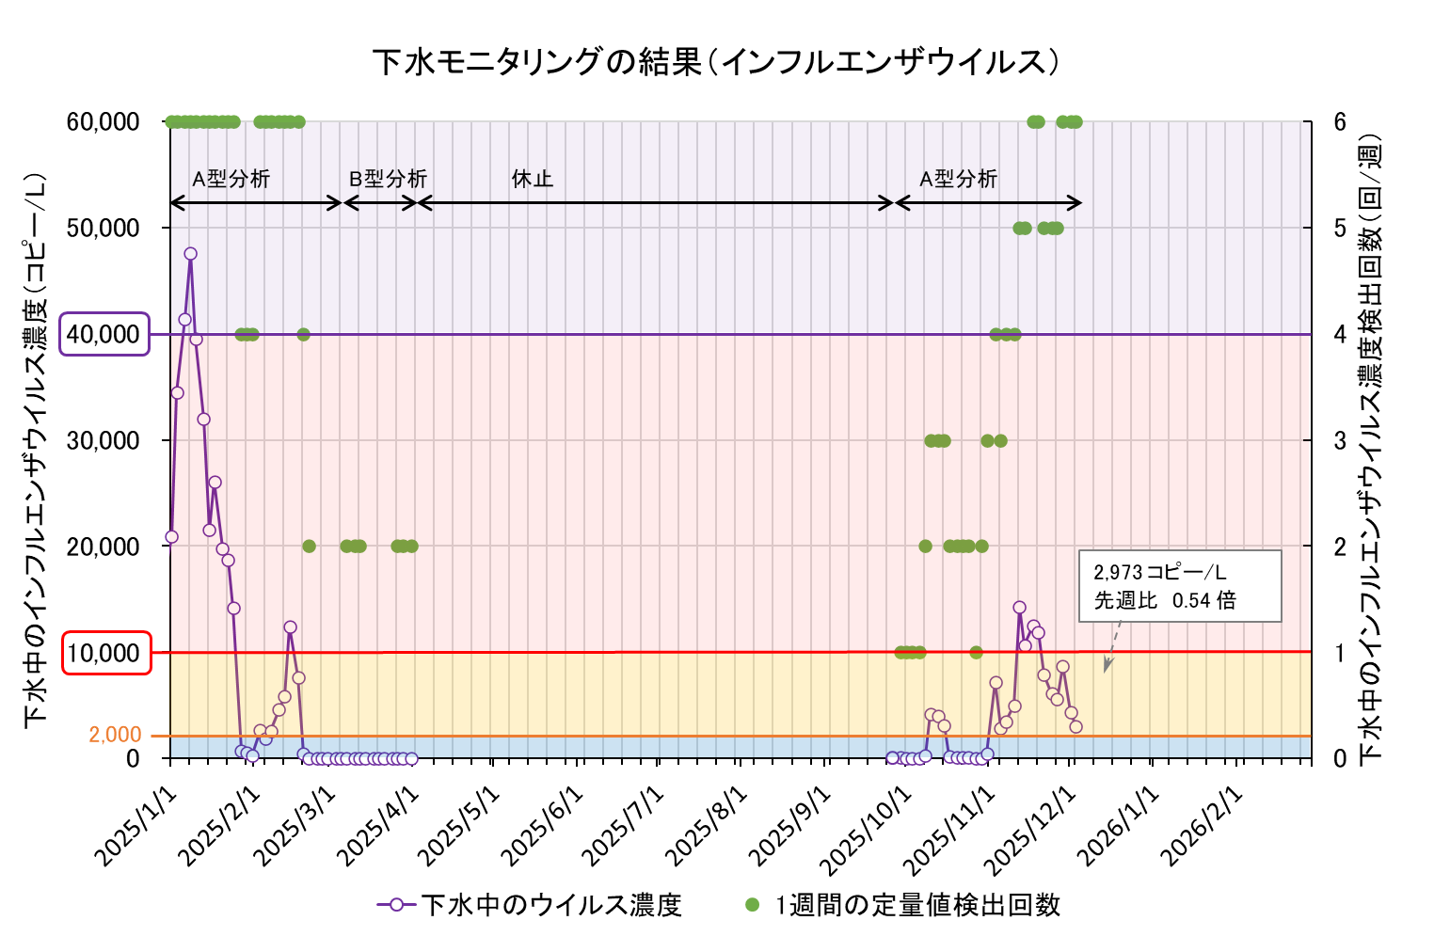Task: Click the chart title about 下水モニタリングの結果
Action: tap(716, 62)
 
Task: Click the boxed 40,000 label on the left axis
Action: tap(104, 334)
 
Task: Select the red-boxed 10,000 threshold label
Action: tap(106, 653)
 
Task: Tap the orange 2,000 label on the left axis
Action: tap(115, 735)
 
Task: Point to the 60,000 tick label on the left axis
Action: tap(104, 122)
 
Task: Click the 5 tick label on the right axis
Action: tap(1340, 228)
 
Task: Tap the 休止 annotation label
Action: tap(533, 179)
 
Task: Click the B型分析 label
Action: tap(388, 179)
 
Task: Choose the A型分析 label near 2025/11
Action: tap(958, 179)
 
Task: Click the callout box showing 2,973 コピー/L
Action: tap(1180, 585)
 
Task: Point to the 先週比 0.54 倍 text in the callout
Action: tap(1165, 600)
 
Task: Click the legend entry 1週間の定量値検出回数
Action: tap(917, 905)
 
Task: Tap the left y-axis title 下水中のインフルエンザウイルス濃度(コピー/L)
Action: tap(36, 447)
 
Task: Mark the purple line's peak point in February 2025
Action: tap(290, 627)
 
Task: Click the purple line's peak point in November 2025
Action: tap(1019, 608)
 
